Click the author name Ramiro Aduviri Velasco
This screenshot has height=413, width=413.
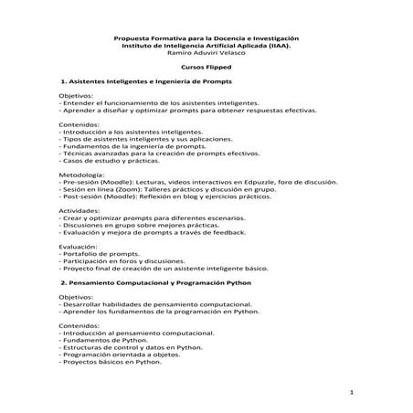(x=206, y=53)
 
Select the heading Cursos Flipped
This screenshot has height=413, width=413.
(x=206, y=68)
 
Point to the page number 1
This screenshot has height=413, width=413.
(x=351, y=392)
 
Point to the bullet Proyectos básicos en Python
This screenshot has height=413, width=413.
(x=112, y=363)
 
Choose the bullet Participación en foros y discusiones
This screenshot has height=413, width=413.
(x=122, y=261)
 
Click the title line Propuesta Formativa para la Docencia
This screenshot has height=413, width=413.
(x=206, y=37)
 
